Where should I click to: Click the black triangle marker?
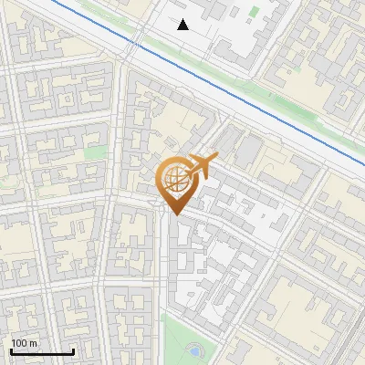pyautogui.click(x=183, y=25)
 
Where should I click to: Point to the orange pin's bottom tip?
pyautogui.click(x=174, y=214)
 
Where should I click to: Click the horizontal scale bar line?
pyautogui.click(x=42, y=352)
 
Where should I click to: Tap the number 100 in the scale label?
pyautogui.click(x=20, y=343)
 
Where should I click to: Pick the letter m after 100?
pyautogui.click(x=34, y=344)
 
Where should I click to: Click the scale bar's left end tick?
pyautogui.click(x=11, y=350)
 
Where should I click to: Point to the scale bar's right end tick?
pyautogui.click(x=73, y=350)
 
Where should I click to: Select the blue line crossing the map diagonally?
pyautogui.click(x=228, y=91)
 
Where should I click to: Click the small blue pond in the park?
pyautogui.click(x=194, y=350)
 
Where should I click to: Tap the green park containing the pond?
pyautogui.click(x=178, y=338)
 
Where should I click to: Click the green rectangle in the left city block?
pyautogui.click(x=95, y=153)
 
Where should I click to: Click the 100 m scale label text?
pyautogui.click(x=25, y=344)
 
